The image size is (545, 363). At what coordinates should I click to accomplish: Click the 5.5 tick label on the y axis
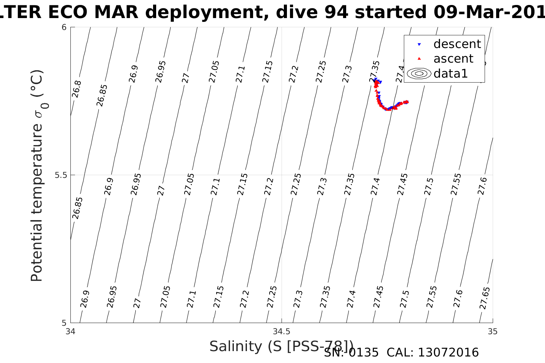[x=61, y=175]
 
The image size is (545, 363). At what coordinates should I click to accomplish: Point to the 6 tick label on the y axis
[x=65, y=27]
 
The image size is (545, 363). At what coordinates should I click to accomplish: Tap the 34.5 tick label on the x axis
[x=282, y=331]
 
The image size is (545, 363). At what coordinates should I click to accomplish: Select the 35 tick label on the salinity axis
[x=492, y=331]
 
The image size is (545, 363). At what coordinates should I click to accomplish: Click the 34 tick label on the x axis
[x=70, y=331]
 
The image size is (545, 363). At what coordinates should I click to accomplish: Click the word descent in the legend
[x=457, y=44]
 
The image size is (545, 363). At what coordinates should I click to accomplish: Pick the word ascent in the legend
[x=453, y=59]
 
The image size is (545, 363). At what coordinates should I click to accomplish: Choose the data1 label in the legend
[x=450, y=73]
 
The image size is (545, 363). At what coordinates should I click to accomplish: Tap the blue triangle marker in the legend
[x=419, y=45]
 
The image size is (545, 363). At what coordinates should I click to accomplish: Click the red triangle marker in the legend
[x=419, y=59]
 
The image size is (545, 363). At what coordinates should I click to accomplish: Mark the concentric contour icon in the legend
[x=419, y=73]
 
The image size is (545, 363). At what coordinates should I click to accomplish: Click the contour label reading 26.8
[x=77, y=89]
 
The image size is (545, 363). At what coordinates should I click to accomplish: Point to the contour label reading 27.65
[x=485, y=298]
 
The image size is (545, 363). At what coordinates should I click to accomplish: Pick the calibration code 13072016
[x=448, y=353]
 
